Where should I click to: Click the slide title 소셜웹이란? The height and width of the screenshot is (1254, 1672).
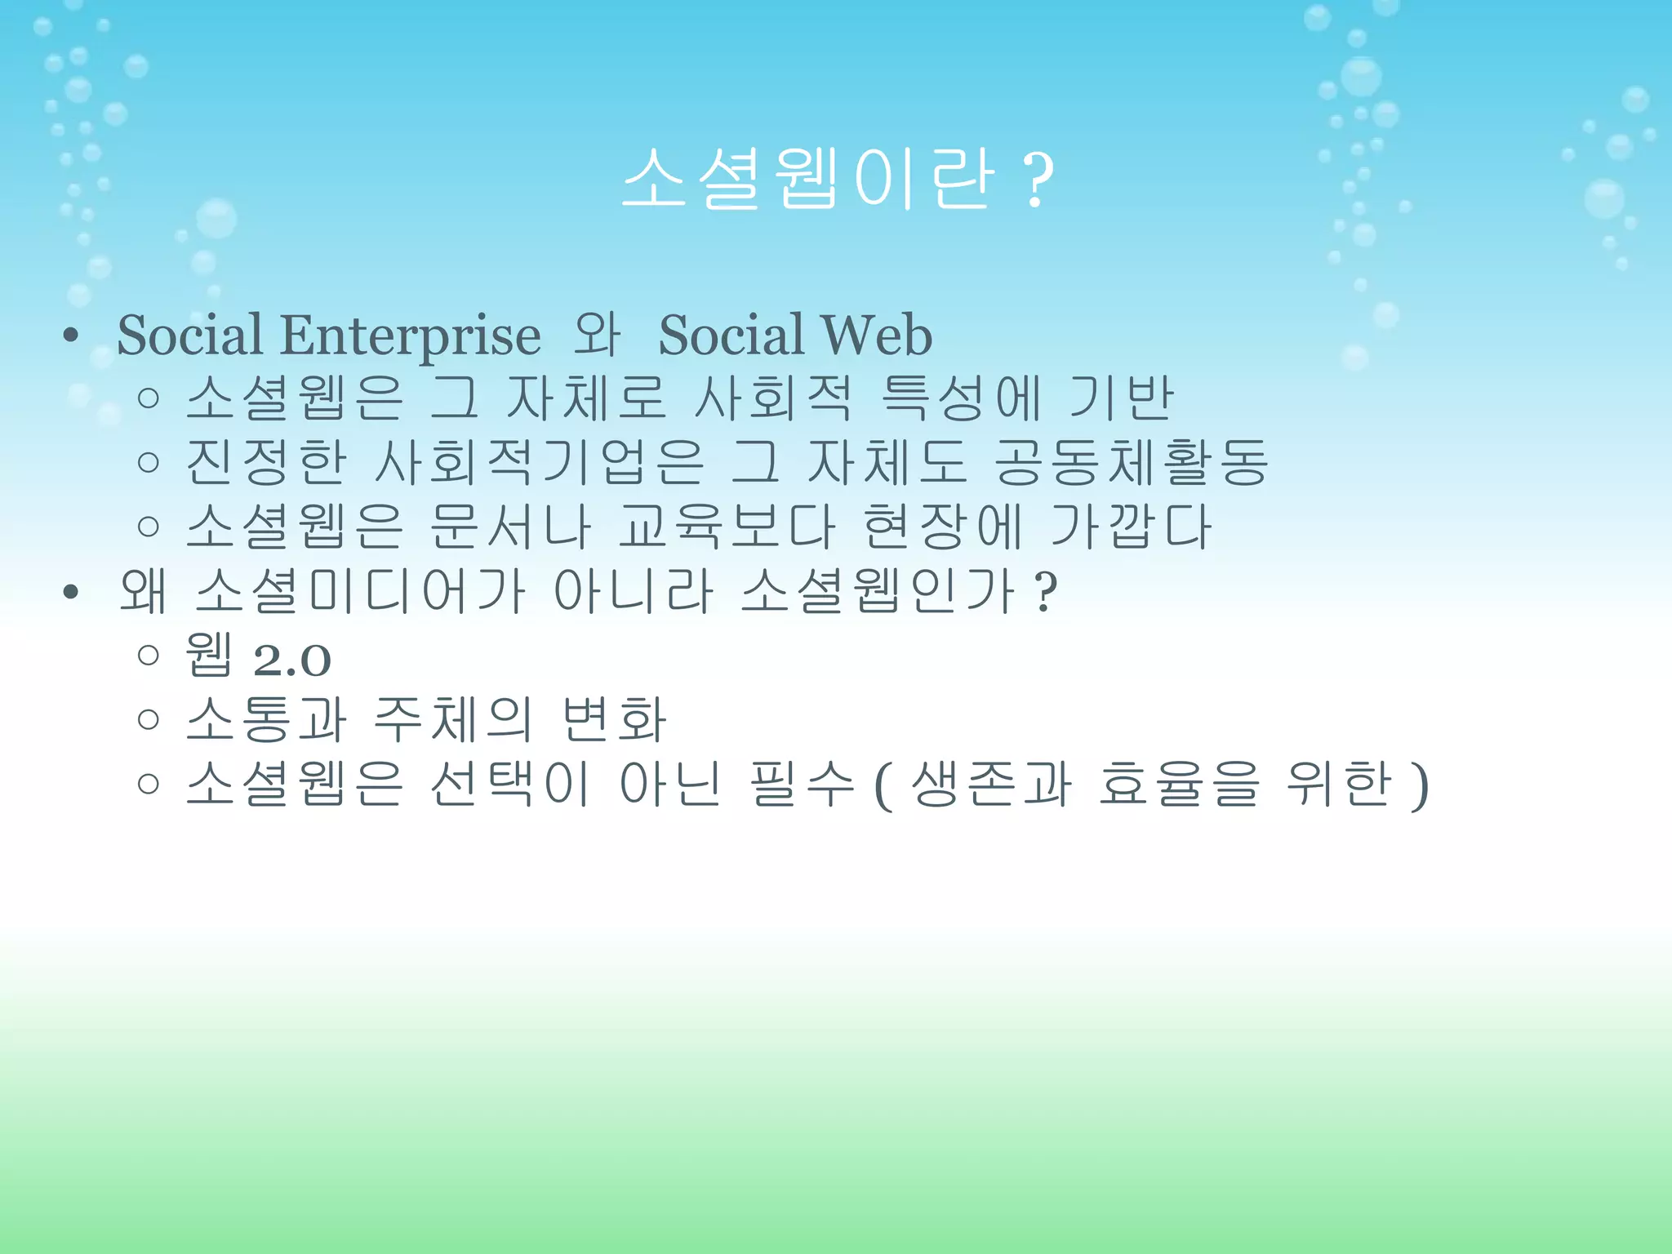808,179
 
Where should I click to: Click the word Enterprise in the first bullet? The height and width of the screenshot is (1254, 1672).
410,336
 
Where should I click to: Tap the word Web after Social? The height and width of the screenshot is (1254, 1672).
877,336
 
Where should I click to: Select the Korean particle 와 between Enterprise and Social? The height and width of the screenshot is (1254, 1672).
597,336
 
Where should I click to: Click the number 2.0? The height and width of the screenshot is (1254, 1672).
292,660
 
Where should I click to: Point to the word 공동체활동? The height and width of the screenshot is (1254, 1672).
1132,462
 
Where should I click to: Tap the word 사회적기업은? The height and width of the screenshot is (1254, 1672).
539,462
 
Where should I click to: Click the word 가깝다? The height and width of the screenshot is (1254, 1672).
1131,527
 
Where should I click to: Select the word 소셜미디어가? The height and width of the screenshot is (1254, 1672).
360,590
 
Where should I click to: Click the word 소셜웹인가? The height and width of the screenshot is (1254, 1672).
878,590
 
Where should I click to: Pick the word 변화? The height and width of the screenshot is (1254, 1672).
615,719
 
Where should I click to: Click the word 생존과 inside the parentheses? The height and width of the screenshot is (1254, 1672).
991,784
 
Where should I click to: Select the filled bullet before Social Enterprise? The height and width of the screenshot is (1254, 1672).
71,336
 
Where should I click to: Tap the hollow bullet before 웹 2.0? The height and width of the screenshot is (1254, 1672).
149,655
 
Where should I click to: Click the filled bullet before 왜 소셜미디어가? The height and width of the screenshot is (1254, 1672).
71,592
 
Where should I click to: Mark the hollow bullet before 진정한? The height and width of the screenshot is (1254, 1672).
149,463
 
